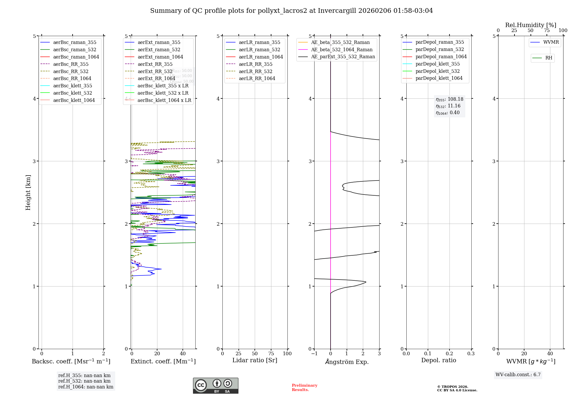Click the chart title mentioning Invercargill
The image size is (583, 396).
pos(291,11)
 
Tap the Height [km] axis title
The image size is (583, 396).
pos(28,192)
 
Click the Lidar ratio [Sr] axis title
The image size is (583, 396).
pos(255,360)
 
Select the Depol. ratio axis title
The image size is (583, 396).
pos(439,360)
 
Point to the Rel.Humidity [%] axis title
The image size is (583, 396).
pos(531,25)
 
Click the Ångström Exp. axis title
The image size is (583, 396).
pos(347,362)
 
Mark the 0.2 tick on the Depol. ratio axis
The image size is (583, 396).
pos(449,354)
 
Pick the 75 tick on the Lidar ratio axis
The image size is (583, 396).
pos(271,354)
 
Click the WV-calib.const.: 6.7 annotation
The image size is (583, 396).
pos(518,375)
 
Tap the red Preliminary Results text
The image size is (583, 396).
pos(304,388)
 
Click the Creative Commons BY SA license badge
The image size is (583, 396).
pos(215,386)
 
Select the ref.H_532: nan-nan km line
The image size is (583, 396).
pos(84,381)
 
